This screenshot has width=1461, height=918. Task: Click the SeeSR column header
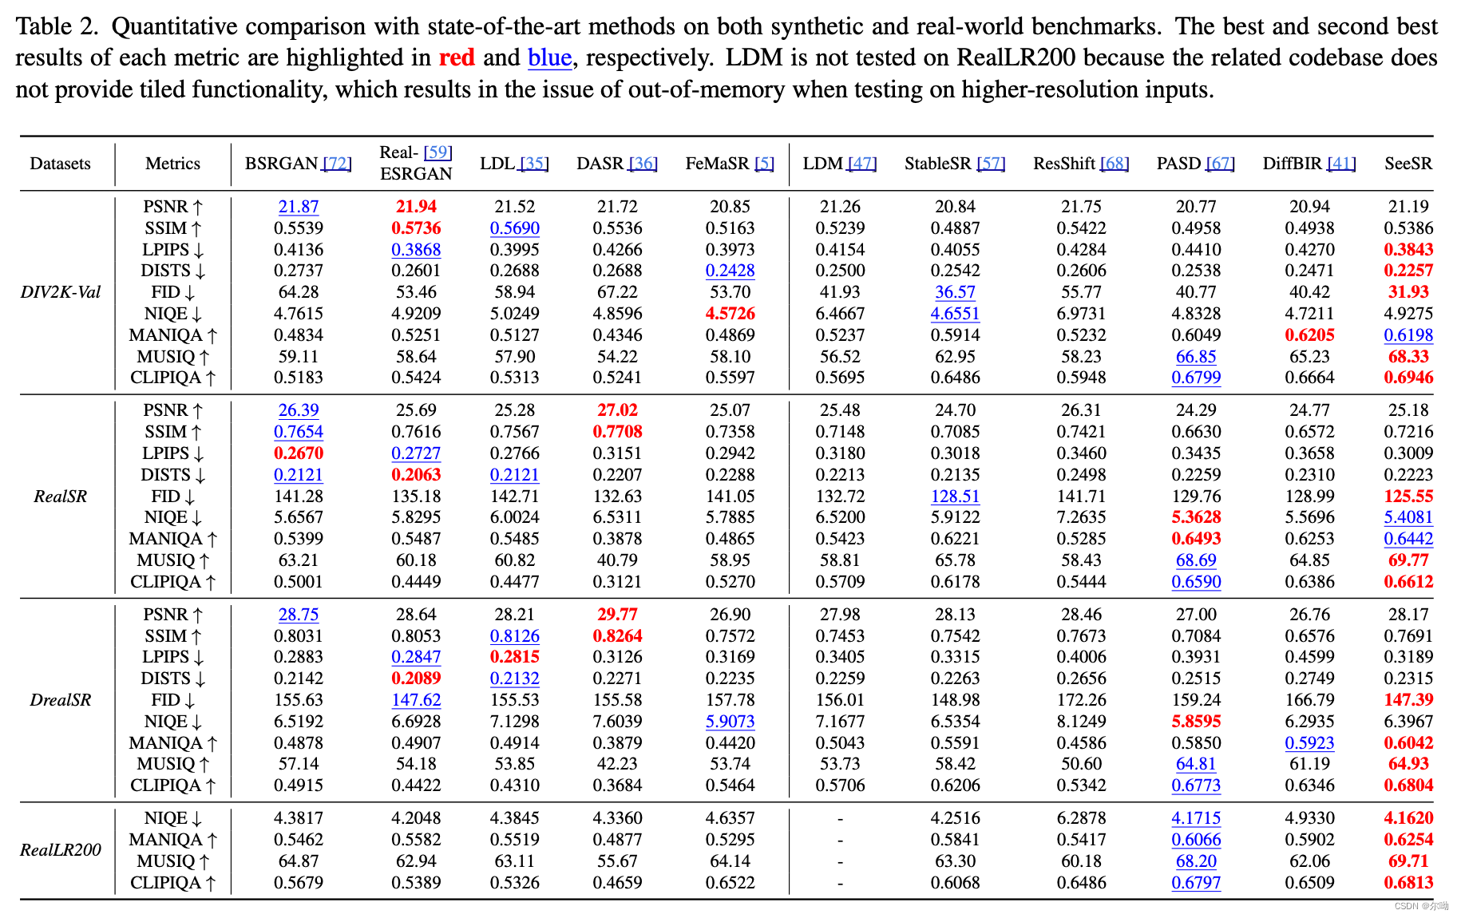(1408, 164)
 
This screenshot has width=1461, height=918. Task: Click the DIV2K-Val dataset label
(61, 292)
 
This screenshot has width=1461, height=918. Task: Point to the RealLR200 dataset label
(61, 850)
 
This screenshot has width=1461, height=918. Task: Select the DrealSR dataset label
(61, 700)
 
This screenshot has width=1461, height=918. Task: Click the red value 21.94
(416, 207)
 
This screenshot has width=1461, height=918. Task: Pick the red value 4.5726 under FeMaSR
(730, 314)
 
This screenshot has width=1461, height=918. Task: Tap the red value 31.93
(1408, 292)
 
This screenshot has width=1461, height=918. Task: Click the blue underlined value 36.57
(955, 292)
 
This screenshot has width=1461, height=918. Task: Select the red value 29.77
(617, 615)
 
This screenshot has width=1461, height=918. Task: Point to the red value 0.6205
(1309, 335)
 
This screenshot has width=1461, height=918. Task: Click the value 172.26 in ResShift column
(1081, 700)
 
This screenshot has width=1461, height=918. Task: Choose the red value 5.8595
(1196, 722)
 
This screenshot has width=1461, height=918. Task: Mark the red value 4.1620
(1408, 818)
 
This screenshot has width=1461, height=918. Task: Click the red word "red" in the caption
(457, 57)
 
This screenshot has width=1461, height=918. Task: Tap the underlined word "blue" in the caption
(549, 57)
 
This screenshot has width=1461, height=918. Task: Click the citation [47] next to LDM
(861, 164)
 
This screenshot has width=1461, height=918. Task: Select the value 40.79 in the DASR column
(617, 560)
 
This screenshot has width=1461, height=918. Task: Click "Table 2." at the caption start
(56, 26)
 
